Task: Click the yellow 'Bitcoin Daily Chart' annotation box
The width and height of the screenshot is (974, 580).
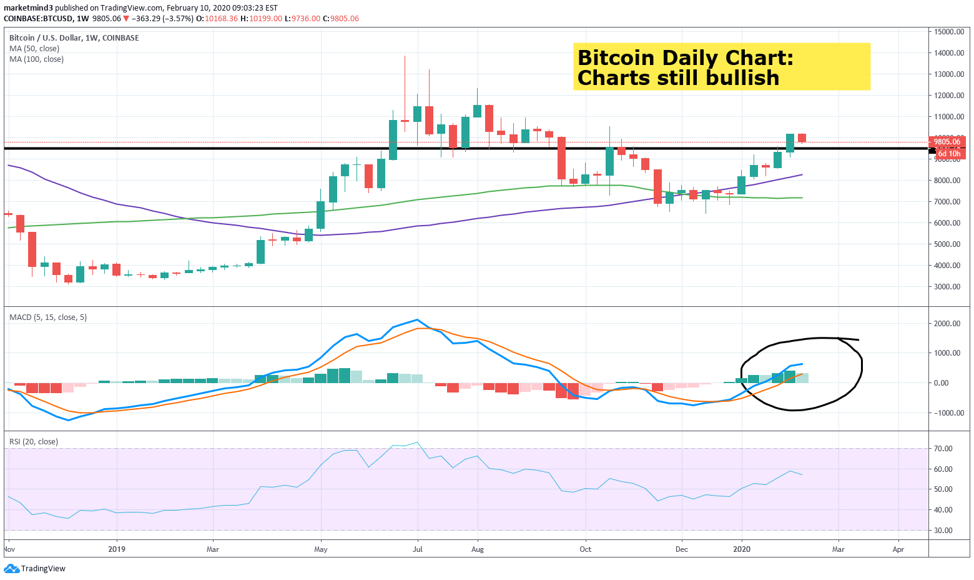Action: point(721,67)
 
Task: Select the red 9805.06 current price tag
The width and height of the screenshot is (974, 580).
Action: point(947,142)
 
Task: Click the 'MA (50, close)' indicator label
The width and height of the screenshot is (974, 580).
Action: point(34,49)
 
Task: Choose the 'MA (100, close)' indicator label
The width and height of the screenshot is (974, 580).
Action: point(36,59)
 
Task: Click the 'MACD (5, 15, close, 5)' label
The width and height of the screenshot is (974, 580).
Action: point(48,317)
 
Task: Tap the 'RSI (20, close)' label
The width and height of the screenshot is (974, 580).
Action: point(34,442)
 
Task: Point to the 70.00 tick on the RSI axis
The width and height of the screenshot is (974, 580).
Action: point(943,449)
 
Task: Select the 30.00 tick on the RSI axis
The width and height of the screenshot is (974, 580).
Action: point(943,531)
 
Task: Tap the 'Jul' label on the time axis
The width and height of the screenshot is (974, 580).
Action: point(417,550)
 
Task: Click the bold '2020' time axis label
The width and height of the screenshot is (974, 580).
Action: point(742,550)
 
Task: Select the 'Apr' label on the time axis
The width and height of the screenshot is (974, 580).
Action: point(898,550)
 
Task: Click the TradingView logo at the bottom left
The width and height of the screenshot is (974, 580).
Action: point(35,569)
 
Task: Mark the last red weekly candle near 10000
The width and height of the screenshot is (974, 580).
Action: point(802,137)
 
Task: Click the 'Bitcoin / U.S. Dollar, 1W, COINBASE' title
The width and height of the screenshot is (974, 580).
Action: point(74,38)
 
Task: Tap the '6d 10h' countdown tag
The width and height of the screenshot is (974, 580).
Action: point(949,154)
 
